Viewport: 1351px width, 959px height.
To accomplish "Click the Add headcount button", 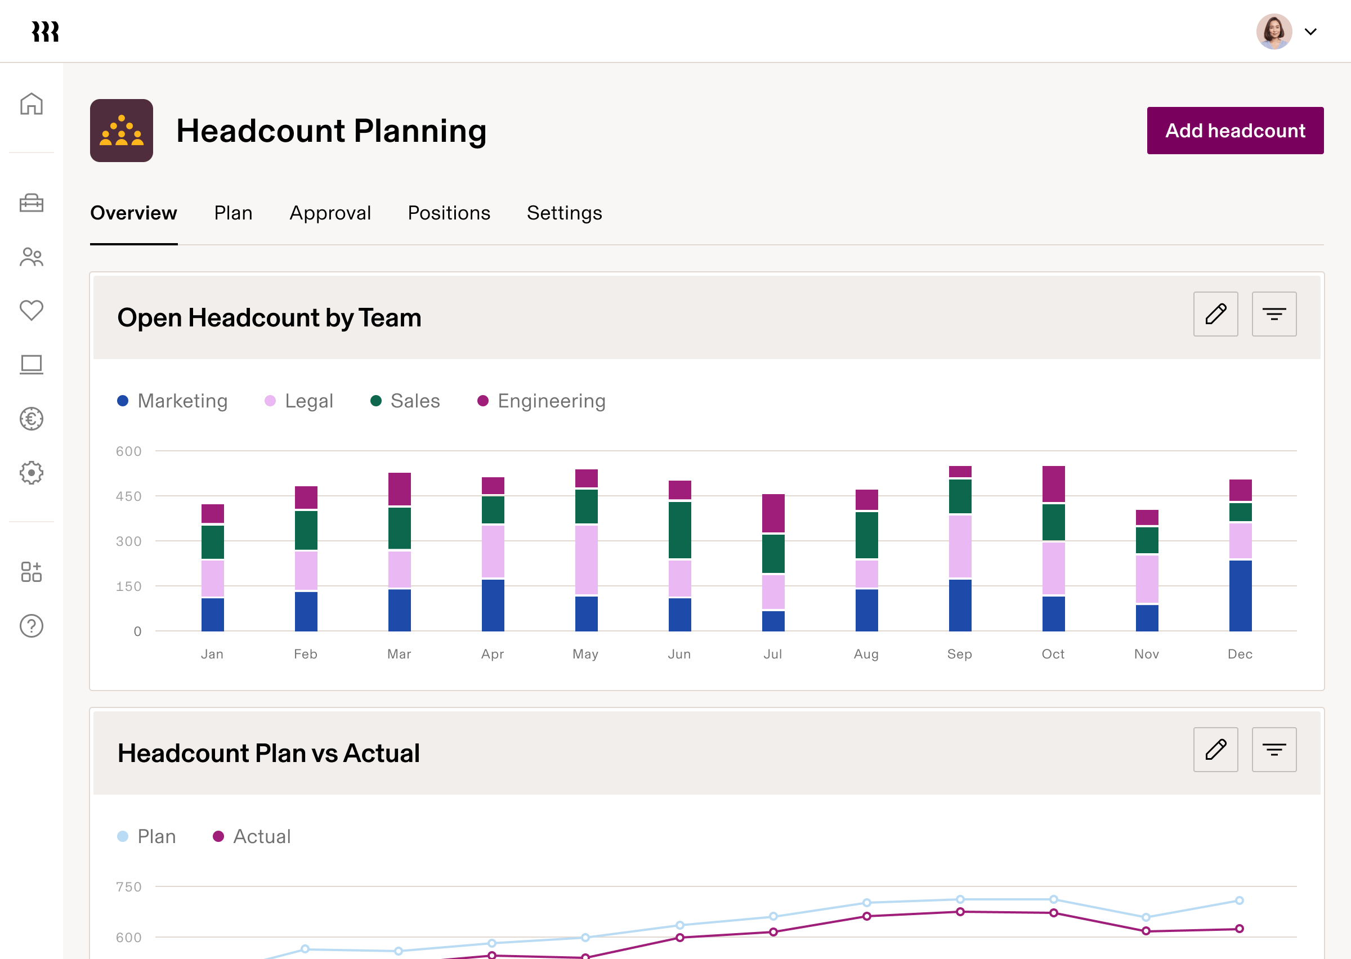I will click(1234, 131).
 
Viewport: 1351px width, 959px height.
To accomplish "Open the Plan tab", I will click(233, 213).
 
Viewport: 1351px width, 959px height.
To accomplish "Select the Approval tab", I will click(330, 213).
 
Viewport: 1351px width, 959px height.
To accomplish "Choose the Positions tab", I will click(449, 213).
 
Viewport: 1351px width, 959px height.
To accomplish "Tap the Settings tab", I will click(564, 213).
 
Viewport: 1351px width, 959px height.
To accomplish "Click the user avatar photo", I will click(1274, 32).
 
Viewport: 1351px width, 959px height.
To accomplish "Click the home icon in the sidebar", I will click(32, 104).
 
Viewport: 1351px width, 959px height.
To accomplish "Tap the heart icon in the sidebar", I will click(32, 310).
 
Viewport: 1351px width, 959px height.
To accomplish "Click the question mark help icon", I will click(32, 626).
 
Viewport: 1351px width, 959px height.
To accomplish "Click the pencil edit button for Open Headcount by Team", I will click(1215, 314).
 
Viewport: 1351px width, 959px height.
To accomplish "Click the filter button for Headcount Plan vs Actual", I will click(1274, 750).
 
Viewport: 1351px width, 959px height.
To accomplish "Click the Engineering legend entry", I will click(541, 401).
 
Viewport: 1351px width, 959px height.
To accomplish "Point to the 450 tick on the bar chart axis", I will click(129, 496).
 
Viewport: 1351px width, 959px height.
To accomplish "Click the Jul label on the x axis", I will click(772, 654).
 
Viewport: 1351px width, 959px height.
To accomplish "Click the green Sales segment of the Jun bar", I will click(679, 530).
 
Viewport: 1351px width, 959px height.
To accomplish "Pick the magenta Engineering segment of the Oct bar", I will click(1053, 483).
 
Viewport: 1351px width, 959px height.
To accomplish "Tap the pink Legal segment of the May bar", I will click(586, 559).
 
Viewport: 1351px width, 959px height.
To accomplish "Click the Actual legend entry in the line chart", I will click(252, 836).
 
